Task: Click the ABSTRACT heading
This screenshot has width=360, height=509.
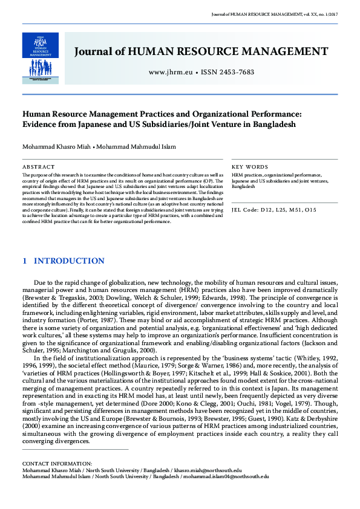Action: pos(38,166)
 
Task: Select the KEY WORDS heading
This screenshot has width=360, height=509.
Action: pos(250,166)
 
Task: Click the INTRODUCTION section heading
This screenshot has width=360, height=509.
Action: pos(69,261)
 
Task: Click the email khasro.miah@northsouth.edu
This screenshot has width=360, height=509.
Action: pos(208,470)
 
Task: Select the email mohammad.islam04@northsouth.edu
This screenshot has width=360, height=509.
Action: pos(232,476)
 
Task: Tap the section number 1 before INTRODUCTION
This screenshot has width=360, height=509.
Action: pos(24,261)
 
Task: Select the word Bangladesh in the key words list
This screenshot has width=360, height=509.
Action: pos(244,187)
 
